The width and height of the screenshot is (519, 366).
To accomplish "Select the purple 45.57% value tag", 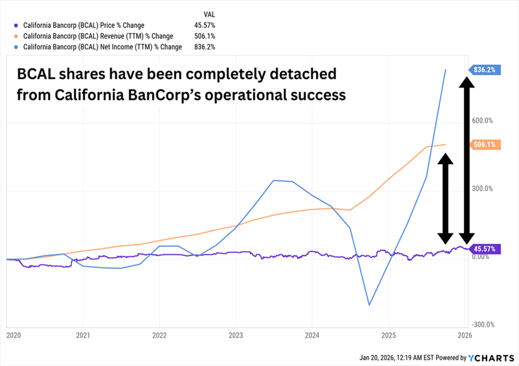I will click(x=485, y=249).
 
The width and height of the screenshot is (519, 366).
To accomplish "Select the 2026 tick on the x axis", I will click(x=464, y=336).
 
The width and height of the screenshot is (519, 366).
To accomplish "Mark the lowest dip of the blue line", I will click(x=369, y=305).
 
